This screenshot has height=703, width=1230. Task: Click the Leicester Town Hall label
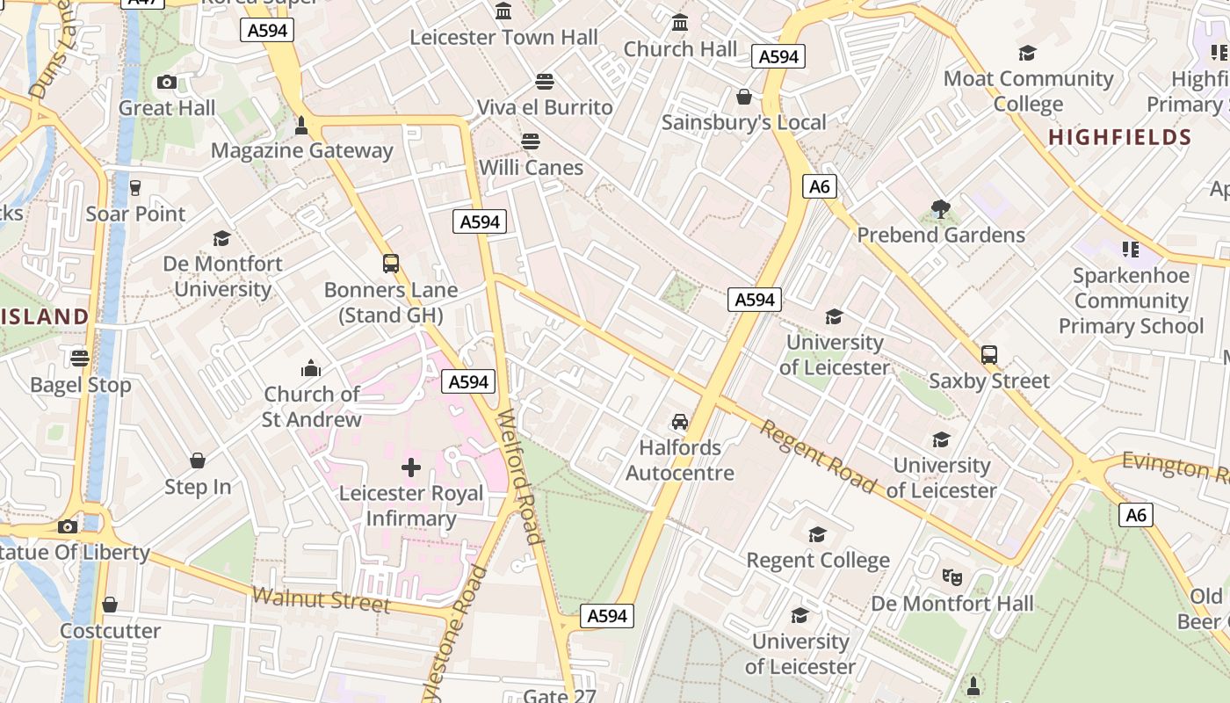tap(504, 38)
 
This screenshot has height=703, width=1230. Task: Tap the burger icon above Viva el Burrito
tap(545, 82)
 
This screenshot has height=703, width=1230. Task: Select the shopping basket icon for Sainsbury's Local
tap(744, 97)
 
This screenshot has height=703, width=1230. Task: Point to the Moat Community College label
tap(1028, 91)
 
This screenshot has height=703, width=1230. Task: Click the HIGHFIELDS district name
tap(1119, 137)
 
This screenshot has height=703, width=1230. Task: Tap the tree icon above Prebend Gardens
tap(941, 209)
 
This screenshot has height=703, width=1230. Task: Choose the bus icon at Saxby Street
tap(989, 355)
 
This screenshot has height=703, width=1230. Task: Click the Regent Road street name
tap(818, 456)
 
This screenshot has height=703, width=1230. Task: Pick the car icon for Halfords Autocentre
tap(679, 422)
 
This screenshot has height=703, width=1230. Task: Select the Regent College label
tap(818, 560)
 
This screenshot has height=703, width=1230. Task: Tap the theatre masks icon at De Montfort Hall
tap(951, 577)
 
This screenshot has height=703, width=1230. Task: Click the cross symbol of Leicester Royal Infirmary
tap(410, 467)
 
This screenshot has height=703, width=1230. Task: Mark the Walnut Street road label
tap(321, 599)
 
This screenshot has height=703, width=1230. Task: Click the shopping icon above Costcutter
tap(110, 605)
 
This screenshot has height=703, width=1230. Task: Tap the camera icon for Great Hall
tap(166, 83)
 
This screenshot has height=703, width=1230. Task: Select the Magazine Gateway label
tap(301, 150)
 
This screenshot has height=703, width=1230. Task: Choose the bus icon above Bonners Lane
tap(391, 264)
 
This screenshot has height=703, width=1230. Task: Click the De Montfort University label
tap(222, 276)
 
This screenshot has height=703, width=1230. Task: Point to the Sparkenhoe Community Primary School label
tap(1131, 301)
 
